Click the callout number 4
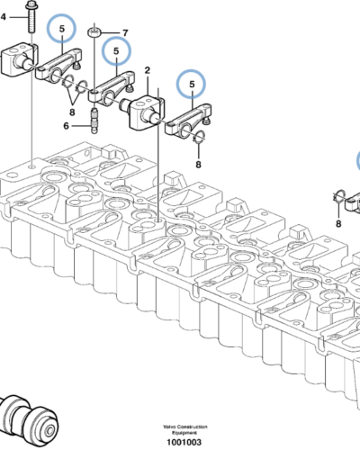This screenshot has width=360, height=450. point(3,17)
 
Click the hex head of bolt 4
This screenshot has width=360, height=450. point(31,4)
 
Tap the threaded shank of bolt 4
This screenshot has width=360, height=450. point(31,21)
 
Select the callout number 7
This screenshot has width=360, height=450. point(125,32)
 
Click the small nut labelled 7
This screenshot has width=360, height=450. point(94,31)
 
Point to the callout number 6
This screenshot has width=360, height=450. point(67,126)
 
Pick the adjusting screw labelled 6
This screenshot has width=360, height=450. point(94,121)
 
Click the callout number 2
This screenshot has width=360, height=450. point(147,70)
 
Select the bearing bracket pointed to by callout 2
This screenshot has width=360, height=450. point(146,112)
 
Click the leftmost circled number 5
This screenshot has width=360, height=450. point(61,29)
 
